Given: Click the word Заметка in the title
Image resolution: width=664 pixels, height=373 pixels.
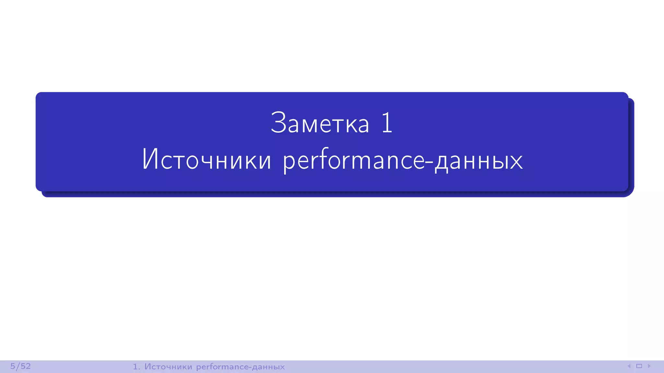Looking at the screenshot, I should click(320, 123).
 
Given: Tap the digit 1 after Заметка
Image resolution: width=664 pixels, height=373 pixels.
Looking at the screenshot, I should click(387, 123).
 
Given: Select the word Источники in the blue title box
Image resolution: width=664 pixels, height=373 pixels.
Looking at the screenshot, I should click(207, 160).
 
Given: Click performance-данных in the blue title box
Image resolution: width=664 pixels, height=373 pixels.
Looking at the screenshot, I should click(403, 160).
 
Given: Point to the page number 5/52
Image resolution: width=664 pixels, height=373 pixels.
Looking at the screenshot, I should click(20, 366).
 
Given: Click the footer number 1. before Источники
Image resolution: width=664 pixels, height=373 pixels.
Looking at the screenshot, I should click(136, 367).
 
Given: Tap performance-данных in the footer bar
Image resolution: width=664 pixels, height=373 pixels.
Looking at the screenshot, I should click(240, 367).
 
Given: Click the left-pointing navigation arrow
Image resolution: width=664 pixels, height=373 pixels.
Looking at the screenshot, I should click(629, 366).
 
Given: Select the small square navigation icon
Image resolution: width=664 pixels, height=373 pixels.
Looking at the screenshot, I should click(639, 366).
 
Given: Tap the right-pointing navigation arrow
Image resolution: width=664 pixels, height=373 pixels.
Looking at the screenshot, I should click(649, 366).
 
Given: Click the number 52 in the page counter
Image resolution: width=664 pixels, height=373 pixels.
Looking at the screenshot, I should click(26, 366).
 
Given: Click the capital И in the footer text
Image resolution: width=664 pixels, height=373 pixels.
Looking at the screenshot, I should click(148, 367).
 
